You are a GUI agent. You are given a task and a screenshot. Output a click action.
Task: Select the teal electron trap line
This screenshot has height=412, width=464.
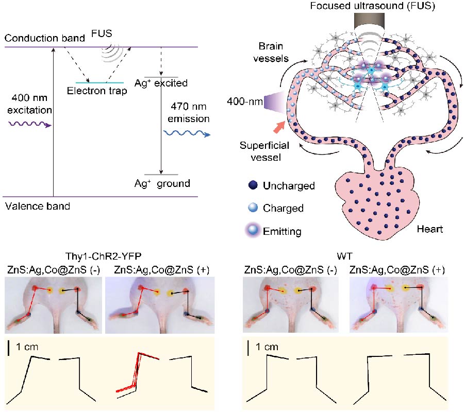click(x=100, y=82)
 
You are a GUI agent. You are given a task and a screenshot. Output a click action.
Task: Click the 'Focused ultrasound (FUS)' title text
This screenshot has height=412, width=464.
click(x=371, y=6)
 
